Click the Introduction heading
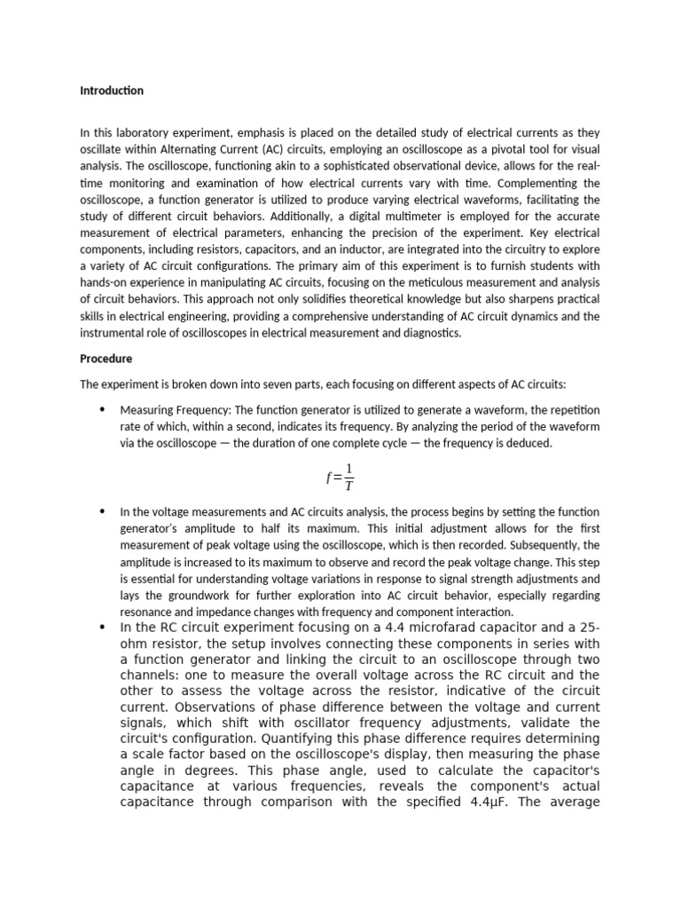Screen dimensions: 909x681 (x=112, y=91)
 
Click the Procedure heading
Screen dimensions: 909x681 (x=106, y=359)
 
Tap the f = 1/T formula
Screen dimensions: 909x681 (x=340, y=477)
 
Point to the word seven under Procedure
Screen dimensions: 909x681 (x=242, y=384)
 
